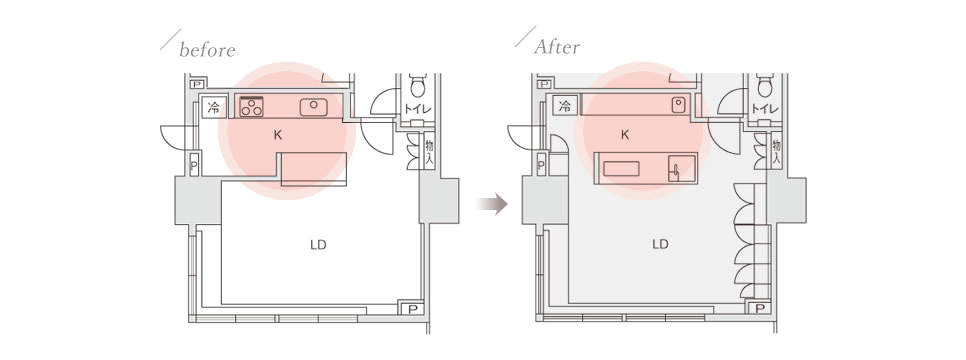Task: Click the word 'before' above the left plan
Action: pyautogui.click(x=207, y=50)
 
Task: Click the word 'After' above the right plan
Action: pyautogui.click(x=557, y=47)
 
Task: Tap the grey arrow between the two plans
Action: pyautogui.click(x=493, y=203)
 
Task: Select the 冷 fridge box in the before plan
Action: pyautogui.click(x=214, y=107)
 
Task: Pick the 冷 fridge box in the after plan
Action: pyautogui.click(x=564, y=105)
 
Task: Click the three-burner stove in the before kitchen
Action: pyautogui.click(x=251, y=107)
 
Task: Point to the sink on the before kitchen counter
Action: pyautogui.click(x=314, y=107)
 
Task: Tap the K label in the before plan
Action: pyautogui.click(x=278, y=135)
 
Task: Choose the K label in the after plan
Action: pyautogui.click(x=625, y=135)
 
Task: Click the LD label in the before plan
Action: pyautogui.click(x=318, y=245)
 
